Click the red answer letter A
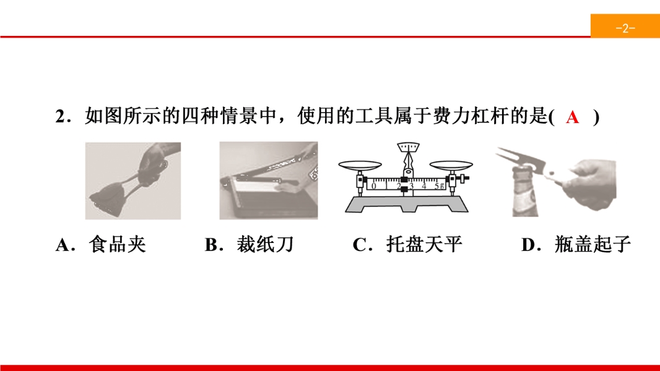573,117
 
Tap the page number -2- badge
625,26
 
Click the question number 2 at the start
59,117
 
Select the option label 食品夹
118,244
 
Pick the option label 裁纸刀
265,244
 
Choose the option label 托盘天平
424,244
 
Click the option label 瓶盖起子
593,244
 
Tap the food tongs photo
133,181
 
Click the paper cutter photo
269,181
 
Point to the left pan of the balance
360,165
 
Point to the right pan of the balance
451,165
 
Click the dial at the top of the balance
408,147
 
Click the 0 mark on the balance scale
374,185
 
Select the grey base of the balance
407,204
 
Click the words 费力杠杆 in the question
471,116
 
